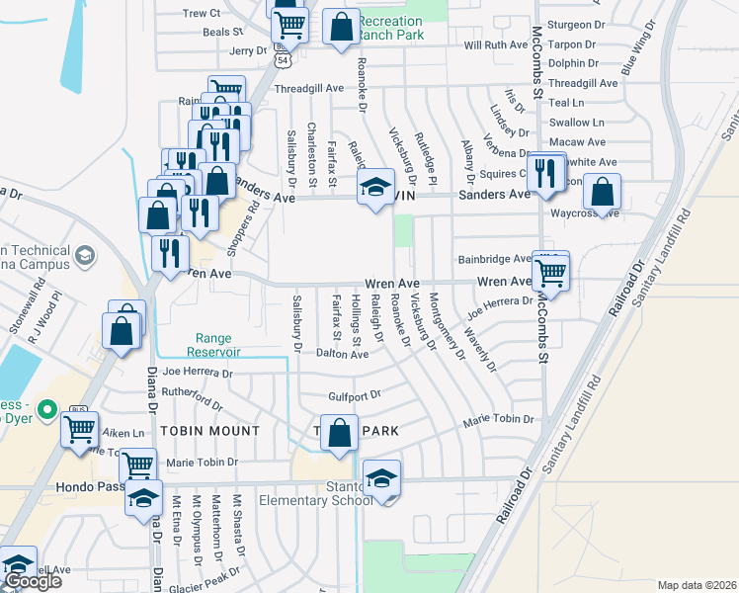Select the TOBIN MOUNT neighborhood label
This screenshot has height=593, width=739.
coord(210,431)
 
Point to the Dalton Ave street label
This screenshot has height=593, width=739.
coord(342,354)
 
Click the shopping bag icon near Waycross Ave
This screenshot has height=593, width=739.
coord(602,191)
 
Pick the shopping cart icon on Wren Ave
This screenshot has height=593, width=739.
coord(550,269)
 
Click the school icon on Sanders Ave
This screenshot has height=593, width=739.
coord(375,186)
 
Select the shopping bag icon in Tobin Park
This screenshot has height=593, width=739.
coord(339,433)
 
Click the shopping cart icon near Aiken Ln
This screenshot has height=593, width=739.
coord(79,429)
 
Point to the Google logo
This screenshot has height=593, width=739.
coord(32,581)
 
